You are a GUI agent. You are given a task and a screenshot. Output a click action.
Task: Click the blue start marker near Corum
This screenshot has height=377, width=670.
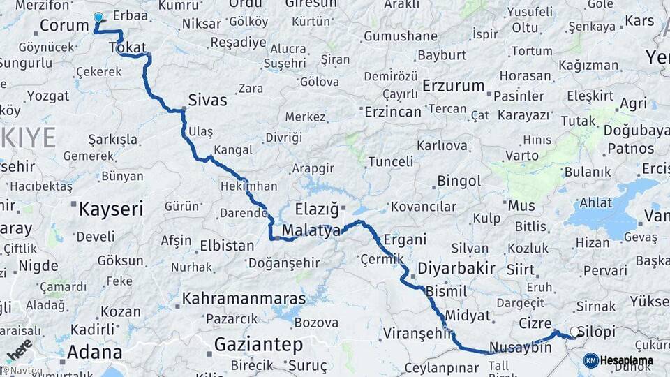pyautogui.click(x=98, y=18)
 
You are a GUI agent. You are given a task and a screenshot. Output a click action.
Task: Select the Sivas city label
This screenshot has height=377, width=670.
pyautogui.click(x=207, y=101)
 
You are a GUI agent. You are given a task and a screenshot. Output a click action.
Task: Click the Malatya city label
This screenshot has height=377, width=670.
pyautogui.click(x=311, y=230)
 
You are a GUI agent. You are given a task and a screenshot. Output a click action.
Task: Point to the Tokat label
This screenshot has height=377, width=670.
pyautogui.click(x=127, y=47)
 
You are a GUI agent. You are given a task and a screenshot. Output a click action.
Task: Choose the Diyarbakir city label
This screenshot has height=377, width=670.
pyautogui.click(x=456, y=268)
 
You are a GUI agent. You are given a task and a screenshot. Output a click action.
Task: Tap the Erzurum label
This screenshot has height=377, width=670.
pyautogui.click(x=454, y=86)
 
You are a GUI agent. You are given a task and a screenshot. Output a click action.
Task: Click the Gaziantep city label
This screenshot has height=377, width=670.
pyautogui.click(x=258, y=344)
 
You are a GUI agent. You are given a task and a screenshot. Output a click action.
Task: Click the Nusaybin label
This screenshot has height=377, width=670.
pyautogui.click(x=520, y=348)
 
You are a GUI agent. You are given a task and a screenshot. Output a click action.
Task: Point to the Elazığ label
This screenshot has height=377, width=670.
pyautogui.click(x=316, y=209)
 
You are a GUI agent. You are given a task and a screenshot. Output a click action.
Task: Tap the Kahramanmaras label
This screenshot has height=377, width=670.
pyautogui.click(x=244, y=299)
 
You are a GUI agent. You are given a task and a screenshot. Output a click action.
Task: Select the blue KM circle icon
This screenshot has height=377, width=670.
pyautogui.click(x=590, y=361)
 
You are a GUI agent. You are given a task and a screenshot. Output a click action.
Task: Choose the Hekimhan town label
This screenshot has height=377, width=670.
pyautogui.click(x=248, y=186)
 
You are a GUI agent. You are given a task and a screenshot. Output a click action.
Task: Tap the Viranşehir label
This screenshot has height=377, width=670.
pyautogui.click(x=418, y=334)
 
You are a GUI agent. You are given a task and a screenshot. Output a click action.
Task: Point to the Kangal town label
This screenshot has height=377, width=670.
pyautogui.click(x=233, y=150)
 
